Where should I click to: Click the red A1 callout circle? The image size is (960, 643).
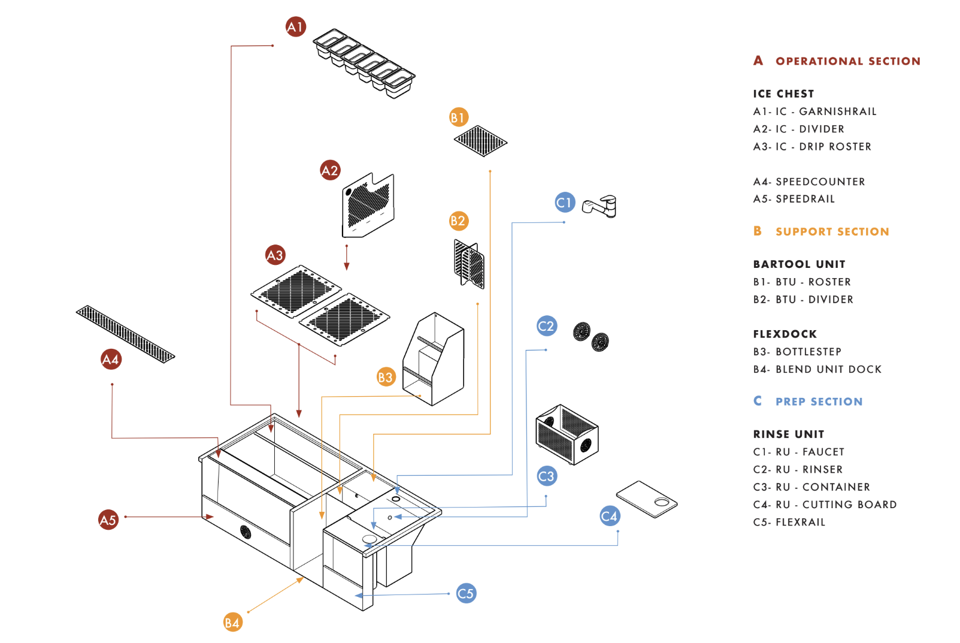[295, 26]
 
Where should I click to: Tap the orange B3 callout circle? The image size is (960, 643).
[386, 377]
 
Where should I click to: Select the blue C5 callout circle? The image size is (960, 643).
[466, 593]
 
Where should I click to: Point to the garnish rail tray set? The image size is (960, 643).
[364, 63]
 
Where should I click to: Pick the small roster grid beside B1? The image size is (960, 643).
[480, 141]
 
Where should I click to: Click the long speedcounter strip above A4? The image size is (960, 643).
[125, 333]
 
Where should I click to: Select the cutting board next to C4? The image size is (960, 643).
[647, 499]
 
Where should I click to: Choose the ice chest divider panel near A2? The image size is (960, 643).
[368, 205]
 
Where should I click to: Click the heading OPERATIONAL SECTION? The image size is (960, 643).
[847, 61]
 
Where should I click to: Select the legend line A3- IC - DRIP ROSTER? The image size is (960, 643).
[812, 147]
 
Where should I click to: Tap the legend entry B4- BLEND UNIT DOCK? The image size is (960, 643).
[817, 370]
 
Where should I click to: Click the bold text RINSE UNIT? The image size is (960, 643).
[788, 434]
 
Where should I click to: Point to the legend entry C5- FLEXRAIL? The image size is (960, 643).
[789, 523]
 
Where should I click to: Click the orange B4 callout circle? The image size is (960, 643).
[232, 623]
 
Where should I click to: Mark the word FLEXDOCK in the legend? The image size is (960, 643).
[785, 334]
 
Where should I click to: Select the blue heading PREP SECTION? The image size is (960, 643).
[819, 402]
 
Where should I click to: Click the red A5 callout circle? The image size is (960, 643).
[108, 520]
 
